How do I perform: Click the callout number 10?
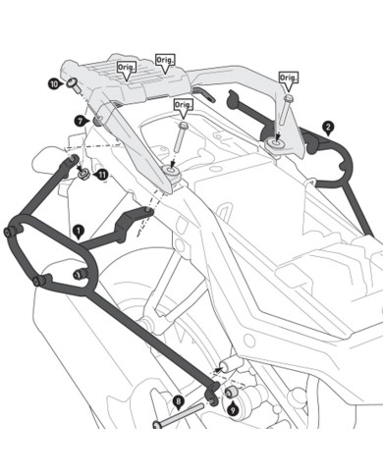point(53,85)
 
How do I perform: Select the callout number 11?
point(102,175)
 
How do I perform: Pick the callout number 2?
point(328,127)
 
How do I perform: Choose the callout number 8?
point(178,401)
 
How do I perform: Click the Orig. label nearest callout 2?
point(288,77)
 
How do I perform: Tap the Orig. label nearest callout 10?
point(125,68)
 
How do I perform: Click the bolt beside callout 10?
point(73,82)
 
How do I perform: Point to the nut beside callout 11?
point(85,175)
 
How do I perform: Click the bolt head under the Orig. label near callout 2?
point(289,98)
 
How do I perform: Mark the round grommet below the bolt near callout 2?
point(275,146)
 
